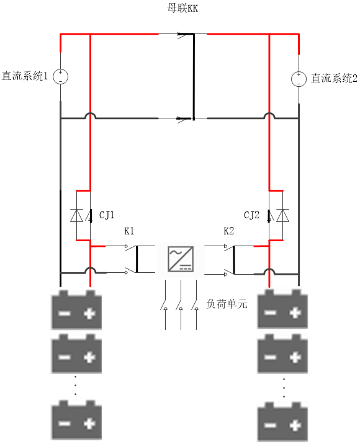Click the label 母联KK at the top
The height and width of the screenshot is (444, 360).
click(182, 8)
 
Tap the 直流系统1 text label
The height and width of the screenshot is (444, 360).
click(25, 76)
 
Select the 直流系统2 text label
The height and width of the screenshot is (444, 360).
click(334, 78)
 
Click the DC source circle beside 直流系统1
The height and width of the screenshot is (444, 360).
click(60, 76)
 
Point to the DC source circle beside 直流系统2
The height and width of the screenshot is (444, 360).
click(299, 79)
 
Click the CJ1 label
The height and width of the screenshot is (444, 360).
click(107, 215)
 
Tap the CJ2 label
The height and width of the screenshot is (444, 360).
click(251, 215)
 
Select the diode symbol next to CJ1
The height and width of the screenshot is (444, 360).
click(76, 215)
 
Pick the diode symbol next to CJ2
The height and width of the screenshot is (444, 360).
click(282, 215)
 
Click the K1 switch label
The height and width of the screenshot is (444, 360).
click(129, 231)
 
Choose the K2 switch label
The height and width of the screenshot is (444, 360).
click(229, 231)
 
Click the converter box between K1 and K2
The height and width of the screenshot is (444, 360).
click(181, 259)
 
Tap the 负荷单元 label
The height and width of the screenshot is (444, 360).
click(227, 304)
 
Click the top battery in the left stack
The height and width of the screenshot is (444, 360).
click(76, 309)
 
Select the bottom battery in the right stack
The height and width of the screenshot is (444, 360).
click(282, 422)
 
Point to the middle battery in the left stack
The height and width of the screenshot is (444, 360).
click(76, 353)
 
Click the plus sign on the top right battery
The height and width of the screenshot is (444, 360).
click(295, 313)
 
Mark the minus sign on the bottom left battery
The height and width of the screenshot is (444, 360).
click(65, 424)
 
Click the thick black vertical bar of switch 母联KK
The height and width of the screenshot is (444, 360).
click(194, 76)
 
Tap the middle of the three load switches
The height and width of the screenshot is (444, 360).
click(181, 304)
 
